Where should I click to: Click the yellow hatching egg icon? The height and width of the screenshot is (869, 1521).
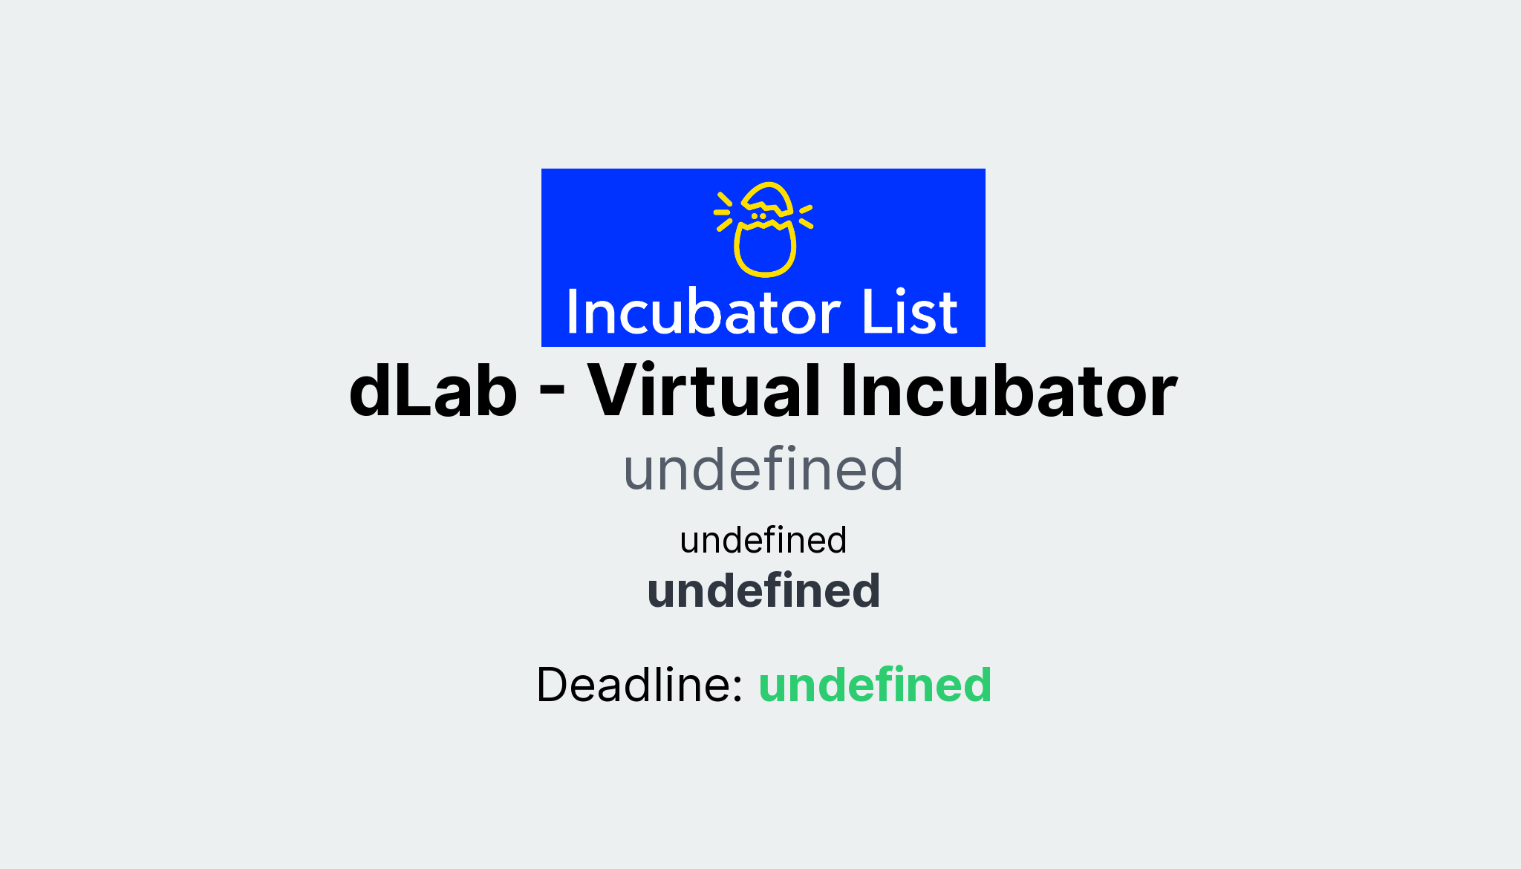764,229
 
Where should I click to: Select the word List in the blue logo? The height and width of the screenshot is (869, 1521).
909,313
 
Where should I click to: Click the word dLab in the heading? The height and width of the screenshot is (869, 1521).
432,391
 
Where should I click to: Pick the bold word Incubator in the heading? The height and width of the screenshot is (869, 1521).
1009,391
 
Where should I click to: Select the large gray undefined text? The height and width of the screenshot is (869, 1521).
763,470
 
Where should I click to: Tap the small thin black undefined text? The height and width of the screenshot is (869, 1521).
763,540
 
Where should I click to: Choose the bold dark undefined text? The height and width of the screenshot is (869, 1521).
763,591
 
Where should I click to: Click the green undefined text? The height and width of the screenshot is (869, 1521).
875,685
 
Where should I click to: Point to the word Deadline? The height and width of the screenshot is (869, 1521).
639,685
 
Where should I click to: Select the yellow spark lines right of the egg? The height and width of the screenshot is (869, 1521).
806,215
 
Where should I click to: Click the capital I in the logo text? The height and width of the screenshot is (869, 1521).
573,313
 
